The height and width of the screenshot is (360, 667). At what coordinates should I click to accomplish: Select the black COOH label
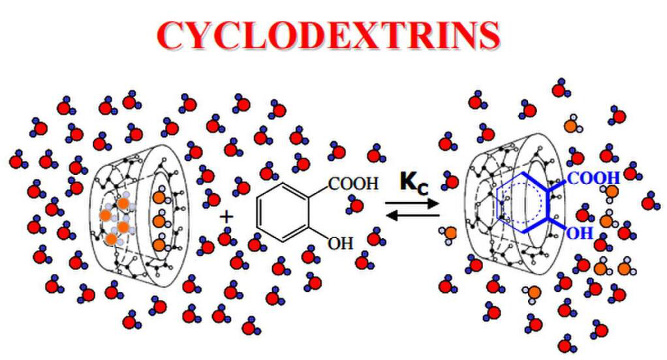coord(353,184)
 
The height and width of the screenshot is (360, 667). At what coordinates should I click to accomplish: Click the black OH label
coord(339,244)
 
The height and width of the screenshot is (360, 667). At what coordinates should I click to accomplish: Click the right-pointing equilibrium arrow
coord(412,204)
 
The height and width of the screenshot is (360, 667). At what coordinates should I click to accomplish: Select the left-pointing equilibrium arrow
coord(412,215)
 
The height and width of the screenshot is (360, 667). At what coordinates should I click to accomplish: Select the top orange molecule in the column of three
coord(159,196)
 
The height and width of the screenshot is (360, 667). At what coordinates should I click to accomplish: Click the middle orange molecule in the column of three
coord(159,221)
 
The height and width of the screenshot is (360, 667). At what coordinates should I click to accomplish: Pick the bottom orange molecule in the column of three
coord(159,245)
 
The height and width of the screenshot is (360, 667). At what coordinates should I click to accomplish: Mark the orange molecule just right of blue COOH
coord(612,190)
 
